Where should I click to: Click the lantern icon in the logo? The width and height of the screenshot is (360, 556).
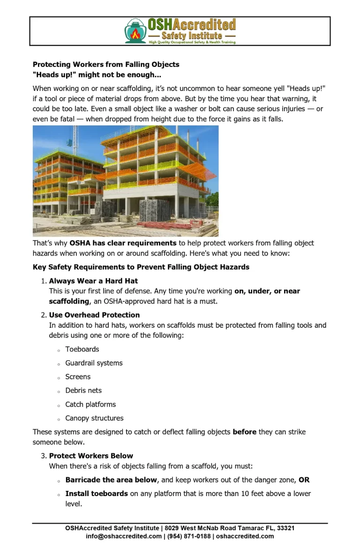[135, 31]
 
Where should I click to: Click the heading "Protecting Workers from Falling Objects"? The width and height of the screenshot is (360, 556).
[106, 65]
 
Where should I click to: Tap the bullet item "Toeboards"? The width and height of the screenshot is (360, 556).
[82, 349]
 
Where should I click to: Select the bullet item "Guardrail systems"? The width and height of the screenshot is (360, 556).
[94, 363]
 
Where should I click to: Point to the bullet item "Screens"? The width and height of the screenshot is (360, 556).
[78, 377]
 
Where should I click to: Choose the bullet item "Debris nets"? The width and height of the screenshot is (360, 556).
[83, 391]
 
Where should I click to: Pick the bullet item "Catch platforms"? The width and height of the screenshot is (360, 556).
[90, 404]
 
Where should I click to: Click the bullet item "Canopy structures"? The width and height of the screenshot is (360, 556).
[94, 418]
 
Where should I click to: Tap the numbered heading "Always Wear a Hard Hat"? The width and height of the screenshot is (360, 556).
[93, 281]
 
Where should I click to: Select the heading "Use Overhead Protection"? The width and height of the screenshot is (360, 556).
[94, 315]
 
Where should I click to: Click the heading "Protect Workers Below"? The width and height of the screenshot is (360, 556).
[91, 456]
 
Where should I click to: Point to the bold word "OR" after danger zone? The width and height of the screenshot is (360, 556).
[304, 480]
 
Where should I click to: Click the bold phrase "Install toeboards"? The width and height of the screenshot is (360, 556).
[97, 494]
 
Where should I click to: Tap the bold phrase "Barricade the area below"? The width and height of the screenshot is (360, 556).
[111, 480]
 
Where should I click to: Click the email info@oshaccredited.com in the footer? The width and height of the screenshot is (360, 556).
[124, 536]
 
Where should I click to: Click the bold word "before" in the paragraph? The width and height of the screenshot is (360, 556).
[244, 432]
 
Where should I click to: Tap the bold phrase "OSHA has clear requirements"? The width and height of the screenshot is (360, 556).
[123, 243]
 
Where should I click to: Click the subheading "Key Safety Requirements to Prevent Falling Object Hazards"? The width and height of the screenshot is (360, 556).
[141, 267]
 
